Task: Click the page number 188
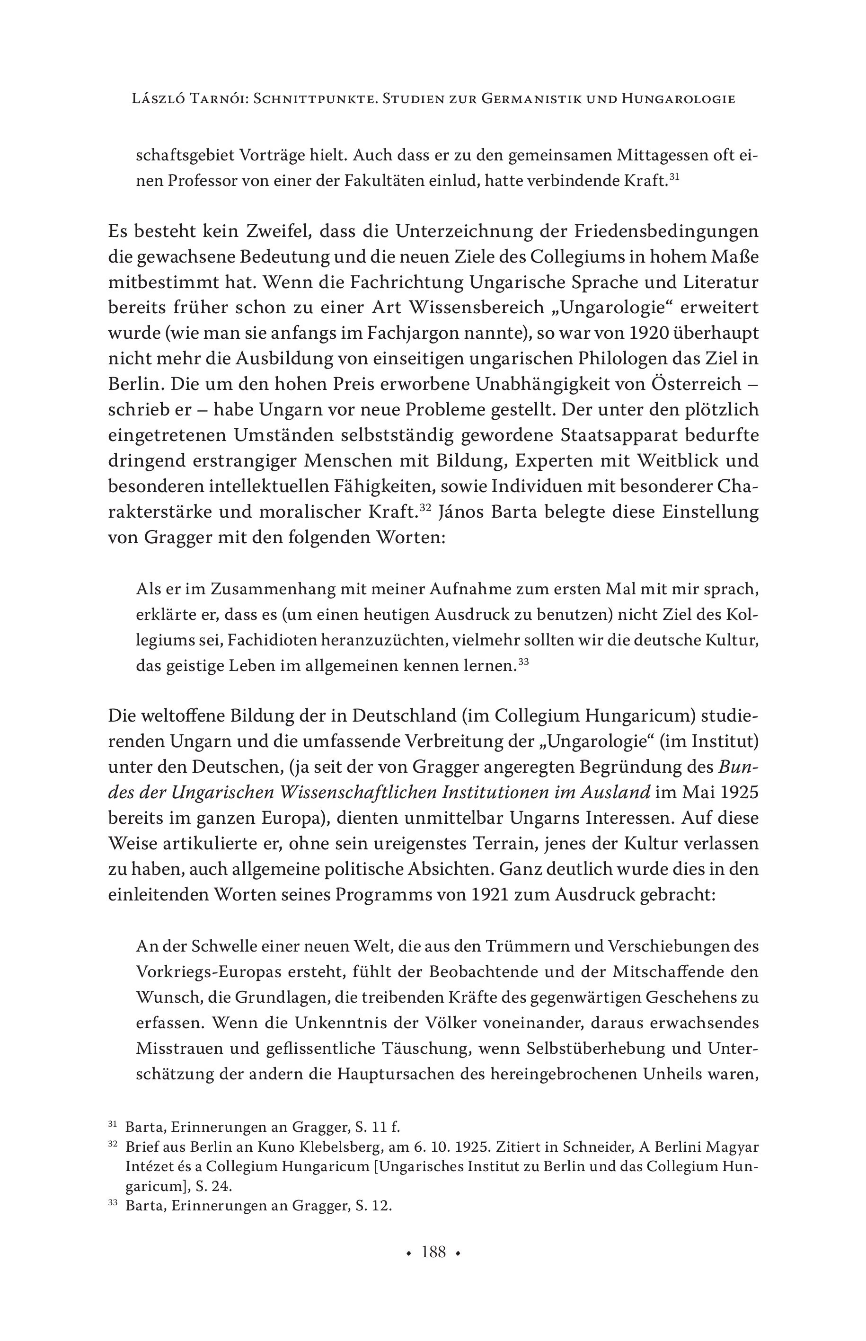coord(433,1252)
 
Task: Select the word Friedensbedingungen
coord(666,232)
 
